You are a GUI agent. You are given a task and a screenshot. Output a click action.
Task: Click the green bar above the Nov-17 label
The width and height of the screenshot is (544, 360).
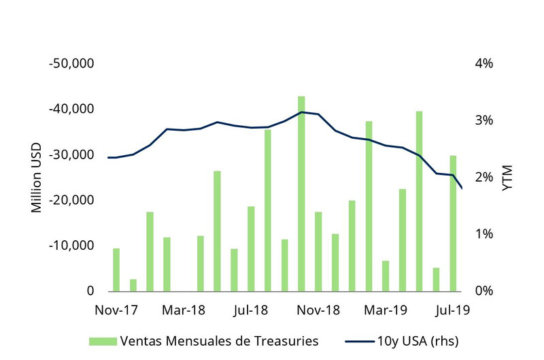[116, 269]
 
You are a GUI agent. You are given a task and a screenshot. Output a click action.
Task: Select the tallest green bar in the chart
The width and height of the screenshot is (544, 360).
[301, 194]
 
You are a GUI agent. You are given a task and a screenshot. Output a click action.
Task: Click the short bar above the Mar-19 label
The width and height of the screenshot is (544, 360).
[386, 276]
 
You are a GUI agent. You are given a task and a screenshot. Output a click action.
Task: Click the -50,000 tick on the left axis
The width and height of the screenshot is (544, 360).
[71, 63]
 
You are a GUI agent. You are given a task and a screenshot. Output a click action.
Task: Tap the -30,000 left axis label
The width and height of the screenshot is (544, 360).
[71, 154]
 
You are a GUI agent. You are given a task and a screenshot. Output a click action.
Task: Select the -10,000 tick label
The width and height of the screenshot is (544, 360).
[71, 246]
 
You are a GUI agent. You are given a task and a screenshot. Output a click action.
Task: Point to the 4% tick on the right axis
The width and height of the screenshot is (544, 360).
[483, 63]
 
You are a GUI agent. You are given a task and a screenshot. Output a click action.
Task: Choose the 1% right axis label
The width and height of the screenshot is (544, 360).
[483, 234]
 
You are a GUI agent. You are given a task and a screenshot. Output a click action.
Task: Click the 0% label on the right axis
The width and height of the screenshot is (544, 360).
[483, 291]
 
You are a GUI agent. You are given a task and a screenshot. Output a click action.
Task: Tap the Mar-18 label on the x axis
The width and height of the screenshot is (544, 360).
[183, 310]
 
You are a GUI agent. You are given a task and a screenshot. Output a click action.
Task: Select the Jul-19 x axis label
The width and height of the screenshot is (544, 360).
[452, 310]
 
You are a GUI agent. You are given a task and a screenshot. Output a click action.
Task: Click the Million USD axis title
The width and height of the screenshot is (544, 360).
[37, 178]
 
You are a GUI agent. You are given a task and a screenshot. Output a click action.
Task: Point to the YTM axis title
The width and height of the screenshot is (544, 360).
[507, 177]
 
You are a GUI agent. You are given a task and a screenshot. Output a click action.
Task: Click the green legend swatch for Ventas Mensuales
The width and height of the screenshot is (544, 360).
[103, 340]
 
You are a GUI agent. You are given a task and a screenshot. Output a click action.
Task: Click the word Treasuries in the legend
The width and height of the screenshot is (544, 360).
[285, 340]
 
